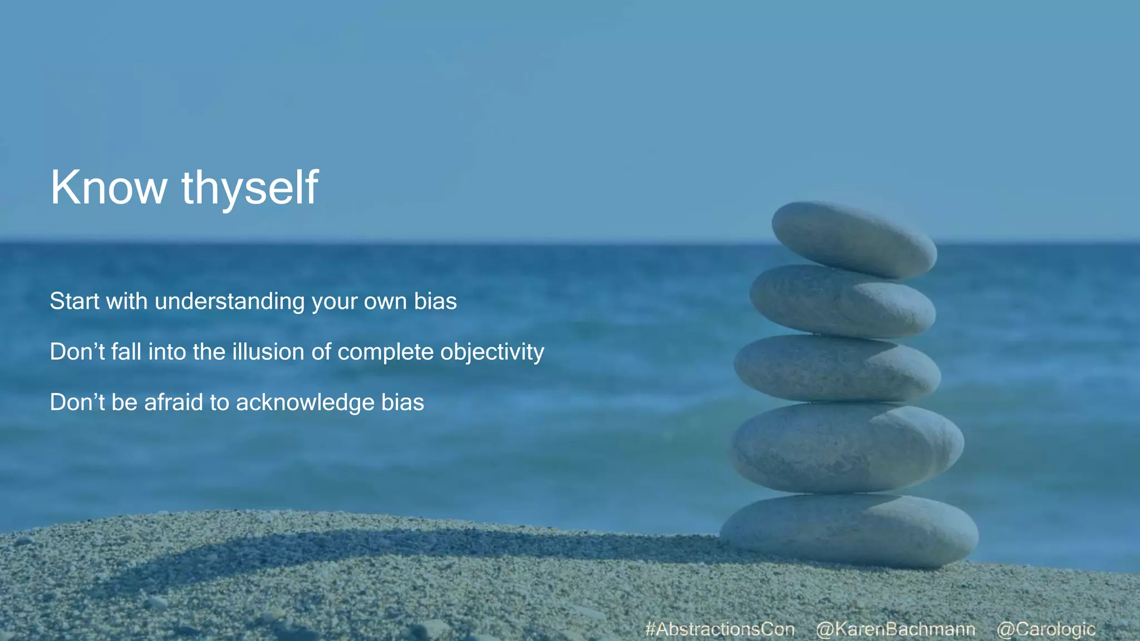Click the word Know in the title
click(x=109, y=188)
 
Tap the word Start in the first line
click(x=75, y=301)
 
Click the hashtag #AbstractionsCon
click(x=720, y=629)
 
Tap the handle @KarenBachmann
click(x=895, y=629)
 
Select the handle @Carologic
click(x=1046, y=629)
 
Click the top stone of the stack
click(x=854, y=239)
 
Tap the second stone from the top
click(x=842, y=301)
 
